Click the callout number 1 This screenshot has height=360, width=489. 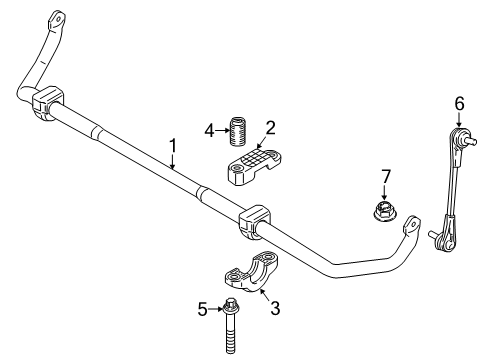click(x=173, y=146)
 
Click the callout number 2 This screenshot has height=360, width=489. click(x=270, y=127)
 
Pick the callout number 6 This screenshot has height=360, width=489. click(x=460, y=103)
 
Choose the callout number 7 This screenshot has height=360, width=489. click(x=384, y=178)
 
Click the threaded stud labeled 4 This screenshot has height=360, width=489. click(x=239, y=130)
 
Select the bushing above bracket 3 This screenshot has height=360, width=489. click(x=253, y=222)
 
